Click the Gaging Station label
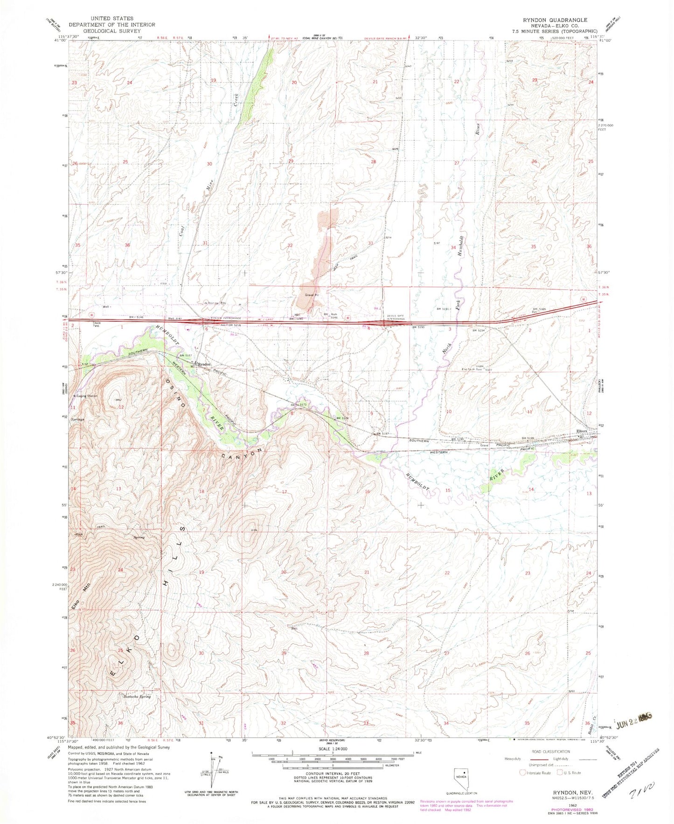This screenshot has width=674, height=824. [x=87, y=396]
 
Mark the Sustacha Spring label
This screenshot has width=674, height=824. [x=137, y=697]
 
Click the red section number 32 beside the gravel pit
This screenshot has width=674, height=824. [x=290, y=245]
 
